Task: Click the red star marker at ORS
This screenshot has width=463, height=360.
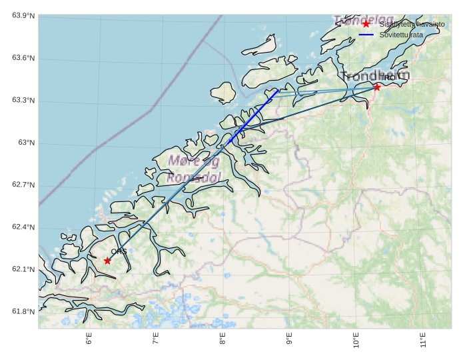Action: [x=107, y=261]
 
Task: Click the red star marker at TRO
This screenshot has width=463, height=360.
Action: [x=377, y=87]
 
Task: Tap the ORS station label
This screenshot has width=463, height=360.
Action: [x=119, y=251]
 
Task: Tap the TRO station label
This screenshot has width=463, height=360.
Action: [x=388, y=78]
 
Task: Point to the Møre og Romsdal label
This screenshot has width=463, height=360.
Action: [x=193, y=169]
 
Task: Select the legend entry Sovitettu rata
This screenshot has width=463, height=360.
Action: [x=401, y=34]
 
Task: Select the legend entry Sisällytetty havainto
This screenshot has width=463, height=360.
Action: [x=412, y=24]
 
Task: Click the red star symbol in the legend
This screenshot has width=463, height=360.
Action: [x=366, y=24]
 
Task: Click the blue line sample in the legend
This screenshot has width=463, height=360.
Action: [x=366, y=34]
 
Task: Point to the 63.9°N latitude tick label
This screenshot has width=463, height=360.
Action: [x=23, y=16]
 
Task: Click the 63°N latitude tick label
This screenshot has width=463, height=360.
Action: [x=27, y=143]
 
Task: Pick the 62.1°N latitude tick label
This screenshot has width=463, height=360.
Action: [x=23, y=269]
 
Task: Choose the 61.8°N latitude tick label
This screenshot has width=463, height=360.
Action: [x=23, y=312]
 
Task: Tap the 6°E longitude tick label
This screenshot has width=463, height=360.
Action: [x=89, y=340]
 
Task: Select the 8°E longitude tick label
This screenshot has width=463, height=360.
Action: [x=223, y=340]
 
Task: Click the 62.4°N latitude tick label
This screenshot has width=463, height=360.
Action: [x=23, y=227]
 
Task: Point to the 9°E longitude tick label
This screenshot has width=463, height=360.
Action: [x=289, y=340]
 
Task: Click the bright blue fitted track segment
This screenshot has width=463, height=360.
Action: [x=253, y=117]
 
